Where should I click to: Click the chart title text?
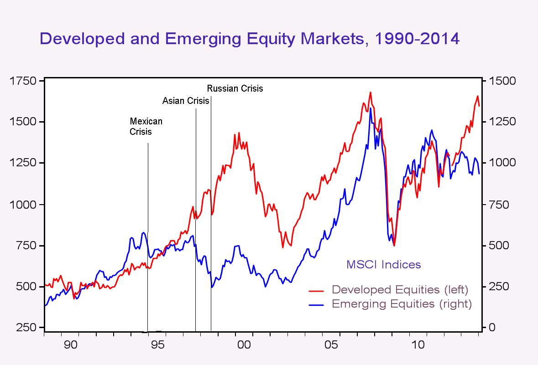click(250, 38)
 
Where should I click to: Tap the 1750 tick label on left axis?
click(22, 81)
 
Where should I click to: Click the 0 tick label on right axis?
click(492, 328)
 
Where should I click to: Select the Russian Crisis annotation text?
click(235, 88)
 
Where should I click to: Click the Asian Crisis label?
click(186, 101)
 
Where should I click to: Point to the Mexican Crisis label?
click(146, 127)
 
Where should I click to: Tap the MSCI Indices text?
click(383, 264)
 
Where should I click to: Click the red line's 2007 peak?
click(371, 93)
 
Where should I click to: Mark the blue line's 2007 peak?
click(371, 108)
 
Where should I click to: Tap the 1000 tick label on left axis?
click(22, 205)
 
